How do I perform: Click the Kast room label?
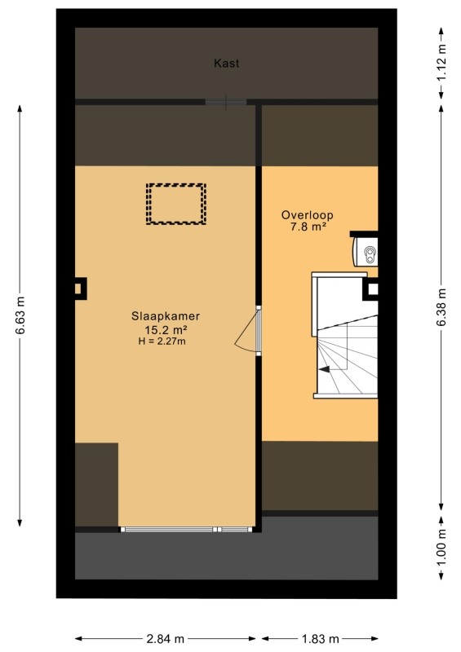click(x=227, y=64)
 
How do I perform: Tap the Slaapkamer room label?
click(x=166, y=316)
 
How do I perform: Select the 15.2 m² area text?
click(x=166, y=330)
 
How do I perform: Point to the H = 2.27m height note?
click(x=162, y=341)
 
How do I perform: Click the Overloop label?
click(x=308, y=215)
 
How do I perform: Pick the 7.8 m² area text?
click(x=308, y=227)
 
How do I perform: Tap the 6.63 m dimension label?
click(x=20, y=315)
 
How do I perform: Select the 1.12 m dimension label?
click(x=441, y=63)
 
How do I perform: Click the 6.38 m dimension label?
click(x=441, y=307)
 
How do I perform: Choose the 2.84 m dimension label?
click(x=166, y=639)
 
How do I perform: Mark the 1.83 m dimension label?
click(x=320, y=639)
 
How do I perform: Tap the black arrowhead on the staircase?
click(x=325, y=369)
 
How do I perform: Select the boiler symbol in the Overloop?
click(x=366, y=252)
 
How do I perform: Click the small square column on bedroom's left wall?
click(x=80, y=289)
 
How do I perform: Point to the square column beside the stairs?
click(x=370, y=289)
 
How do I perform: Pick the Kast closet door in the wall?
click(x=226, y=102)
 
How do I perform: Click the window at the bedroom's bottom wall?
click(x=187, y=529)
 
